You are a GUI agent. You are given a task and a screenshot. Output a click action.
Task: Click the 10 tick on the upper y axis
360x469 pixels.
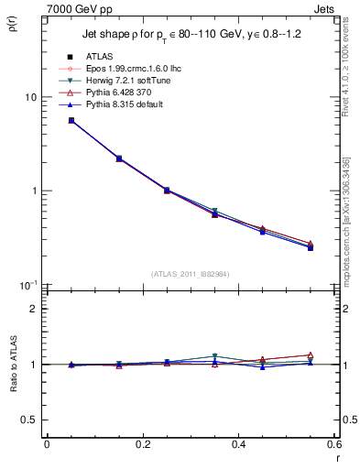(30, 97)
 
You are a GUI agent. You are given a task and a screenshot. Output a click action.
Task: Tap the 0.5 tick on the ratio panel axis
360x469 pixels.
(29, 420)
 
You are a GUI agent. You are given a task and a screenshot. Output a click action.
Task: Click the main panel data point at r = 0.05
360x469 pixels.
(71, 120)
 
